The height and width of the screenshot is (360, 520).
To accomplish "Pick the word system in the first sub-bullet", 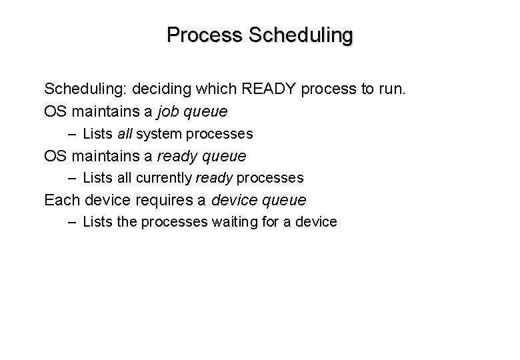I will click(160, 133).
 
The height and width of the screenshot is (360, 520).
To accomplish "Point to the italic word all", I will click(125, 133).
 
